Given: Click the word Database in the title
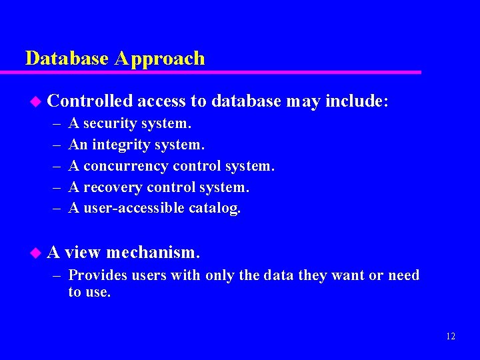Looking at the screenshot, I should tap(67, 59).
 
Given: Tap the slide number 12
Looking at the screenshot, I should tap(451, 336).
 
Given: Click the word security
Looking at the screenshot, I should tap(114, 124).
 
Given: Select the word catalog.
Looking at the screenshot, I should tap(214, 209).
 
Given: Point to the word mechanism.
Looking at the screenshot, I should tap(153, 253).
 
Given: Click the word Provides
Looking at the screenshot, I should tap(91, 275).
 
